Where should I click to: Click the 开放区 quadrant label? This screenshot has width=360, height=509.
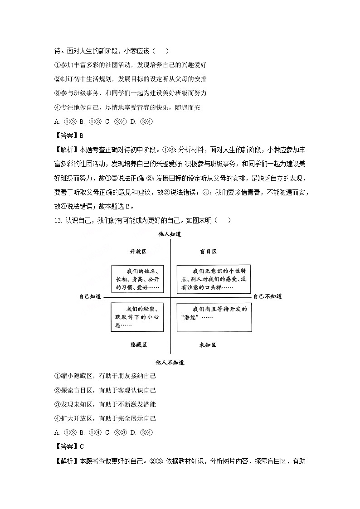(x=138, y=251)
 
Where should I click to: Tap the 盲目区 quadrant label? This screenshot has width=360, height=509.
(x=209, y=251)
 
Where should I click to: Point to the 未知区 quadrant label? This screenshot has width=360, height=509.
(x=208, y=345)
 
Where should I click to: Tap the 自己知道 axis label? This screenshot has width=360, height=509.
(x=89, y=296)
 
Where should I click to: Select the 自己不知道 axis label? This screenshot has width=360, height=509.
(x=268, y=296)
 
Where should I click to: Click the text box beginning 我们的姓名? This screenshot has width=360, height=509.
(x=137, y=279)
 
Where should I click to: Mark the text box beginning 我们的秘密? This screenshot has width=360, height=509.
(x=137, y=317)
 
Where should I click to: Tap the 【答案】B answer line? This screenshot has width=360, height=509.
(x=69, y=135)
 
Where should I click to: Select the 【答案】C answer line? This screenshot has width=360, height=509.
(x=69, y=446)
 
